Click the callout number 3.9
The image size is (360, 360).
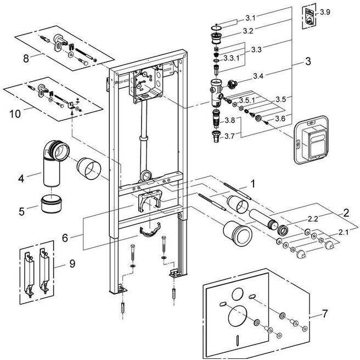[x=325, y=12]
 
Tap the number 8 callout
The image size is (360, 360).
[x=26, y=59]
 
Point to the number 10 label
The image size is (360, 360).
[x=15, y=114]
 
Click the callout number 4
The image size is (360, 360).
[x=21, y=178]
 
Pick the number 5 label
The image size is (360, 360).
[x=21, y=211]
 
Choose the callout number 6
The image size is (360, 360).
[x=65, y=238]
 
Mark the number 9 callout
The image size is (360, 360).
[x=72, y=263]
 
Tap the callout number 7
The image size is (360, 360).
[x=325, y=314]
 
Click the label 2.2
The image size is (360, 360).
[x=313, y=219]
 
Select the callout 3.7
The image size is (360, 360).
[x=229, y=137]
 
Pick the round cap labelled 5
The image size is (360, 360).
[x=51, y=204]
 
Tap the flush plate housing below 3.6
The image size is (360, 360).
[x=312, y=140]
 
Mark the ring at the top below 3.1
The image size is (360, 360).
[x=217, y=29]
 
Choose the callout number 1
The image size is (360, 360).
[x=253, y=184]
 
